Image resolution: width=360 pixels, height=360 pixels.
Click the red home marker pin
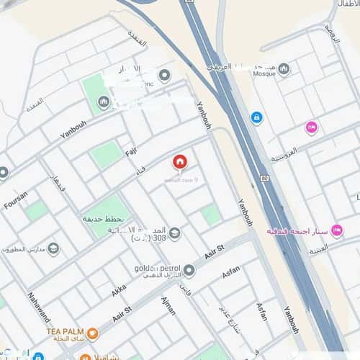(x=179, y=163)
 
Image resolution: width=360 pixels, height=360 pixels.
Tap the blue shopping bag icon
(x=256, y=117)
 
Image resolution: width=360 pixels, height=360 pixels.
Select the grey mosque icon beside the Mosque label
(x=284, y=69)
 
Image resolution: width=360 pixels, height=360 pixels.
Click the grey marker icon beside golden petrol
(x=189, y=271)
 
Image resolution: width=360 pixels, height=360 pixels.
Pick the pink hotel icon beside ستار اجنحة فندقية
(x=336, y=231)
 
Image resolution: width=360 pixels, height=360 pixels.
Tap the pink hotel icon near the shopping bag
(x=311, y=127)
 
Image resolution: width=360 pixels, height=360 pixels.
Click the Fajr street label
(x=130, y=153)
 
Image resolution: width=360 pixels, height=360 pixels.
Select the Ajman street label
(x=169, y=305)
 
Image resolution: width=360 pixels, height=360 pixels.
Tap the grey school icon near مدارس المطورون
(x=53, y=249)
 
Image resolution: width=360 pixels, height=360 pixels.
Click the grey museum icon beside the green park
(x=103, y=103)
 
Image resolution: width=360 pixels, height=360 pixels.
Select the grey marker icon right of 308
(x=174, y=234)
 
